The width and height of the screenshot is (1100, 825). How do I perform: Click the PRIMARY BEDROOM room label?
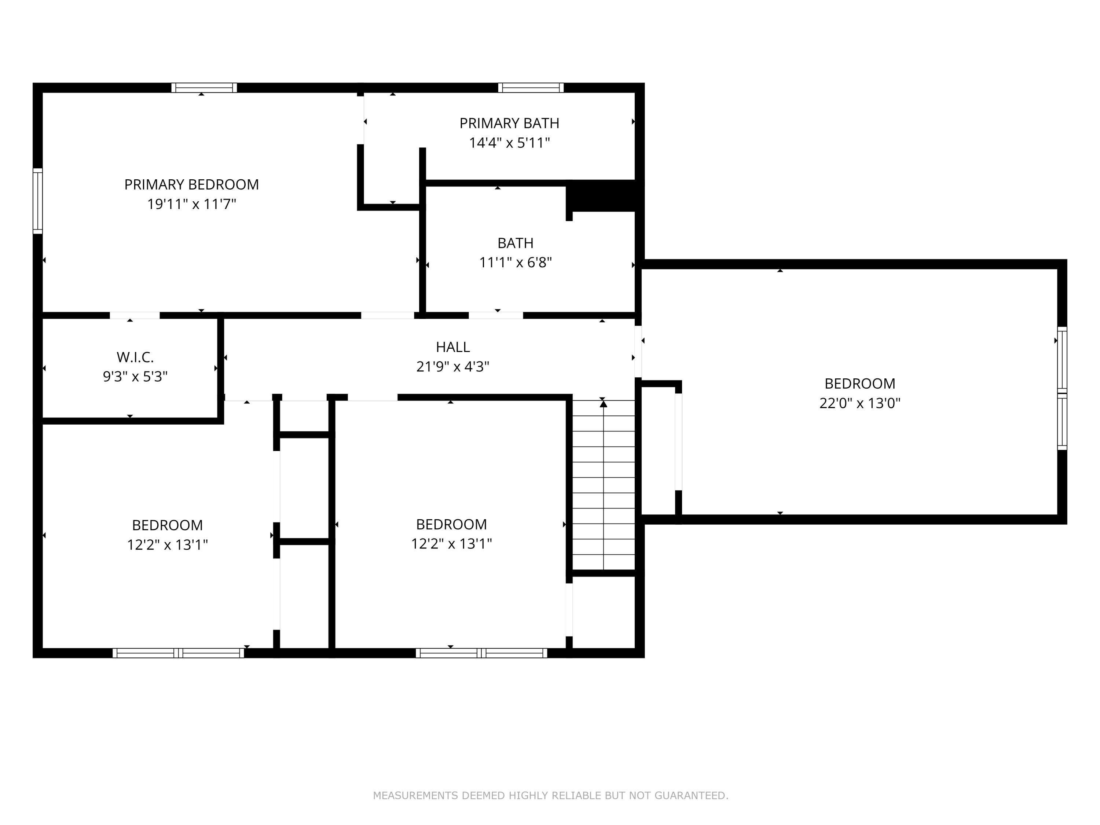191,184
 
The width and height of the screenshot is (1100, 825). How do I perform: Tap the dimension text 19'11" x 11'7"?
191,204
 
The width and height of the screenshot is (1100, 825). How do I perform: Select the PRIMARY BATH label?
509,123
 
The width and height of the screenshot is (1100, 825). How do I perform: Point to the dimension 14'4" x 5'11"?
509,143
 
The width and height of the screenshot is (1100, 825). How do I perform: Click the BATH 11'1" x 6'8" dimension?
516,262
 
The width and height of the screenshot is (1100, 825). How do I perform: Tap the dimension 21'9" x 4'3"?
452,367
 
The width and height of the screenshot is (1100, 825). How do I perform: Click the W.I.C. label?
135,357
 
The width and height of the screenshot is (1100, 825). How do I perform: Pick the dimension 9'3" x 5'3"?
135,377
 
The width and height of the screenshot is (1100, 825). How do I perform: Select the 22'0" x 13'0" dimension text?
860,403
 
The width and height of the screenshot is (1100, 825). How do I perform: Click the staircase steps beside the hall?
604,485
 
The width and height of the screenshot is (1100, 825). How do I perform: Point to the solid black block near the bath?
603,196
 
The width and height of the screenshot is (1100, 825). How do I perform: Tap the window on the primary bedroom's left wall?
38,201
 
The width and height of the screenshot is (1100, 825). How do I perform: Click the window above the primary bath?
531,88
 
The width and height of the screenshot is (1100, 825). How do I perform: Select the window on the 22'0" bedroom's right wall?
1062,388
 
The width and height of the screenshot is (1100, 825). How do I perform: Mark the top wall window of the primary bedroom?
204,88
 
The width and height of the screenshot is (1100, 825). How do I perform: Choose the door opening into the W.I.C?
135,315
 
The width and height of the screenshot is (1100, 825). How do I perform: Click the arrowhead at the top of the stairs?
604,404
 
